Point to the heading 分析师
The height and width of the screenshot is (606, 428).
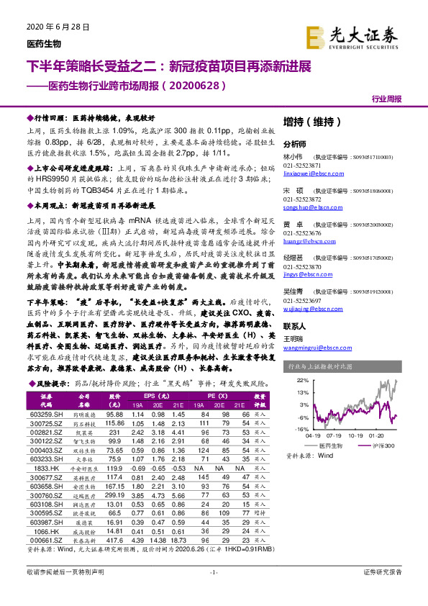[x=295, y=144]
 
